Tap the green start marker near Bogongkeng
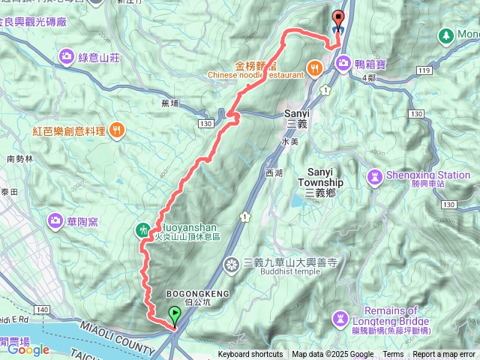coord(175,314)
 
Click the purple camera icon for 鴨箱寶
coord(343,62)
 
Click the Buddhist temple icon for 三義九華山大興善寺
coord(232,263)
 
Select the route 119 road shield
coord(424,70)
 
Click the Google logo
coord(28,349)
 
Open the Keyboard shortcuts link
coord(250,355)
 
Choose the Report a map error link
coord(444,355)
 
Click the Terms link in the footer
coord(393,355)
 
